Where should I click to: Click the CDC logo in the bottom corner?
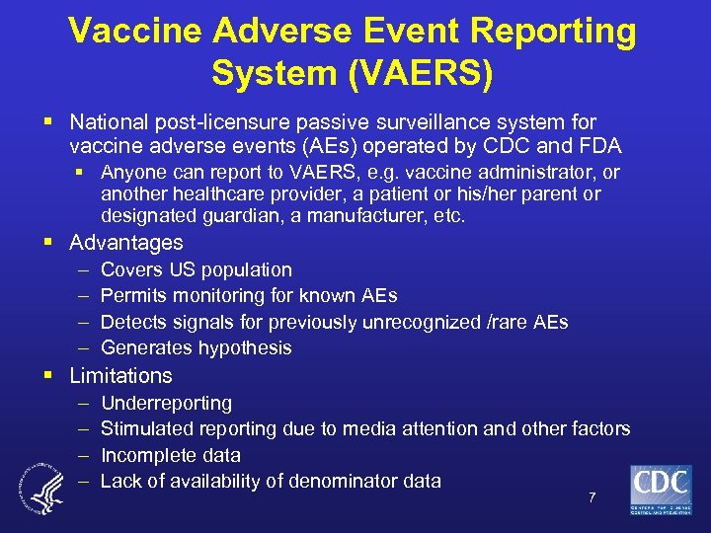click(x=661, y=490)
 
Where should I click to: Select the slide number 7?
click(x=592, y=497)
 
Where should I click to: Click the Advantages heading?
click(x=126, y=243)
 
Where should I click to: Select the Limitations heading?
click(x=120, y=376)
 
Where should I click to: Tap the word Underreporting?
click(x=166, y=404)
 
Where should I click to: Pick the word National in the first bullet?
click(x=110, y=122)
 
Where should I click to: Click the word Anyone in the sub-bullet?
click(x=133, y=173)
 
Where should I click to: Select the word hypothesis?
click(x=245, y=347)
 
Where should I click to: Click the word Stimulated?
click(x=147, y=429)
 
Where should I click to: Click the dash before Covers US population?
click(x=80, y=270)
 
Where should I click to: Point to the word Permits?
click(x=132, y=296)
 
